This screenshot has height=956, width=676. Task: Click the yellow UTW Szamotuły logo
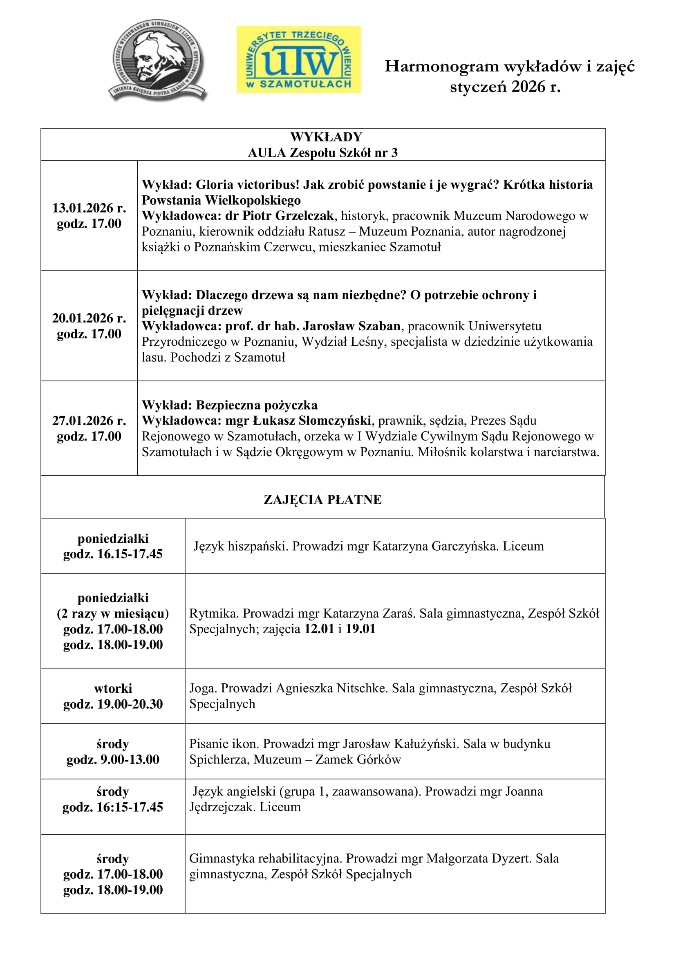click(298, 59)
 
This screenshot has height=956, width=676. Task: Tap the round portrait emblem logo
click(158, 60)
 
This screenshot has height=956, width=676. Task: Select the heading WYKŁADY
click(326, 137)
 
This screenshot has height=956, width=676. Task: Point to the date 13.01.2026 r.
click(89, 208)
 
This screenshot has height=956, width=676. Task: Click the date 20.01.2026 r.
click(89, 318)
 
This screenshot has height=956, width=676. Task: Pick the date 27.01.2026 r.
click(89, 421)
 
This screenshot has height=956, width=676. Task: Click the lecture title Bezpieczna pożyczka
click(256, 405)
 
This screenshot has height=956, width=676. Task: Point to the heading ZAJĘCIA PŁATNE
click(322, 499)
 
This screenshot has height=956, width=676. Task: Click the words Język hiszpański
click(241, 546)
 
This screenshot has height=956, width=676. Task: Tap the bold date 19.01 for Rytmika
click(360, 629)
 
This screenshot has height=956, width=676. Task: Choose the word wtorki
click(113, 688)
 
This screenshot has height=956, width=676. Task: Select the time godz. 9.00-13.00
click(113, 759)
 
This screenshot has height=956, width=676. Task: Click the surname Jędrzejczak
click(222, 807)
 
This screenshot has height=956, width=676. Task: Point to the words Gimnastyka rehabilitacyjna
click(265, 858)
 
